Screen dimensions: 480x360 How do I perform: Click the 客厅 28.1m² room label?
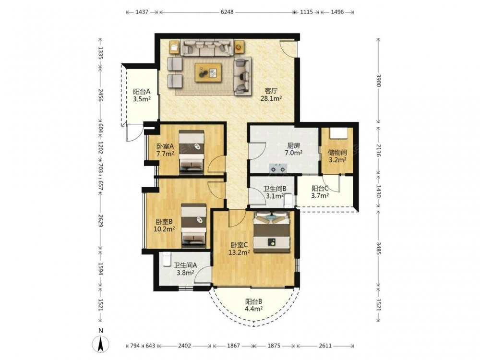point(271,95)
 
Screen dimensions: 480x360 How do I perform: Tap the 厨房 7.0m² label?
point(293,149)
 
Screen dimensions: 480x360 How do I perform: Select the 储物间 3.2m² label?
point(337,156)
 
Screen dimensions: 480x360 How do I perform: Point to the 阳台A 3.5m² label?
point(142,95)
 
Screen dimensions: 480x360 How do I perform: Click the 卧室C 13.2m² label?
point(240,248)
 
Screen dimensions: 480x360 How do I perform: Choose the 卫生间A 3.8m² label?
point(185,269)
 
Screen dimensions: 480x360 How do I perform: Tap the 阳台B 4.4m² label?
point(253,305)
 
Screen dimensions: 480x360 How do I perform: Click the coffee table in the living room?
point(208,72)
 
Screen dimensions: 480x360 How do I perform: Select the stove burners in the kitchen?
point(277,168)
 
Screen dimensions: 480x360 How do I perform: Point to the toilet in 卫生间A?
point(166,259)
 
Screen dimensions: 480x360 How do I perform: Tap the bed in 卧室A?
point(192,152)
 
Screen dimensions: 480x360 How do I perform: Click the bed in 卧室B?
point(193,225)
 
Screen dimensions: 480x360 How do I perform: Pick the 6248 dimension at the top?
point(227,12)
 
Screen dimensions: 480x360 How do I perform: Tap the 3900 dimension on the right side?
point(378,81)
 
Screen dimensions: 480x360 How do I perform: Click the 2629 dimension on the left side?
point(100,220)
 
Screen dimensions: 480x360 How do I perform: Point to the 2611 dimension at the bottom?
point(325,346)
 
